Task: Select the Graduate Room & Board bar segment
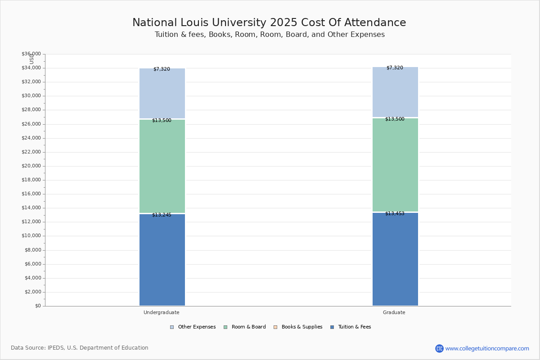(395, 165)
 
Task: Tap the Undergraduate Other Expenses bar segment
(162, 93)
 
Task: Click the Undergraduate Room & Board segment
(162, 166)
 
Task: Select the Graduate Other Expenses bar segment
(395, 92)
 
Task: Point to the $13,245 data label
(162, 215)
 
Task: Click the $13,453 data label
(395, 214)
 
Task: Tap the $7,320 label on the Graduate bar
(395, 68)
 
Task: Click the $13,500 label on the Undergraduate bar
(162, 121)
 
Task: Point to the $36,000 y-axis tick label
(31, 54)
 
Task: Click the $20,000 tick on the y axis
(31, 166)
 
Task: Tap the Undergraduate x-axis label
(162, 313)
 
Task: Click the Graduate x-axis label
(394, 313)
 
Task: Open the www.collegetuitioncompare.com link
(487, 348)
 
